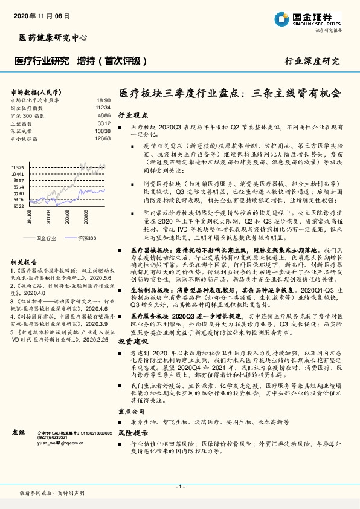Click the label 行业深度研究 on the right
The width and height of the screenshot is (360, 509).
(312, 61)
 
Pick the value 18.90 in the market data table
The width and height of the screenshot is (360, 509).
(103, 100)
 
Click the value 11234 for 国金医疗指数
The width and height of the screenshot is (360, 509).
(103, 107)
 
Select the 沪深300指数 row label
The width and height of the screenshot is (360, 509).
(28, 114)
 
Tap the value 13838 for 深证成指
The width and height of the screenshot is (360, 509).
(103, 131)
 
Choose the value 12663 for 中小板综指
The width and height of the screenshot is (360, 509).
(103, 138)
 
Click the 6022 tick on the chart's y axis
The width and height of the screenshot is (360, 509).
(18, 206)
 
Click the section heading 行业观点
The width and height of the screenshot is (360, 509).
(132, 114)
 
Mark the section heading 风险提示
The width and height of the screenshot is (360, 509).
(132, 433)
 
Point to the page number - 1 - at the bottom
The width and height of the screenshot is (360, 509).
(179, 487)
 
